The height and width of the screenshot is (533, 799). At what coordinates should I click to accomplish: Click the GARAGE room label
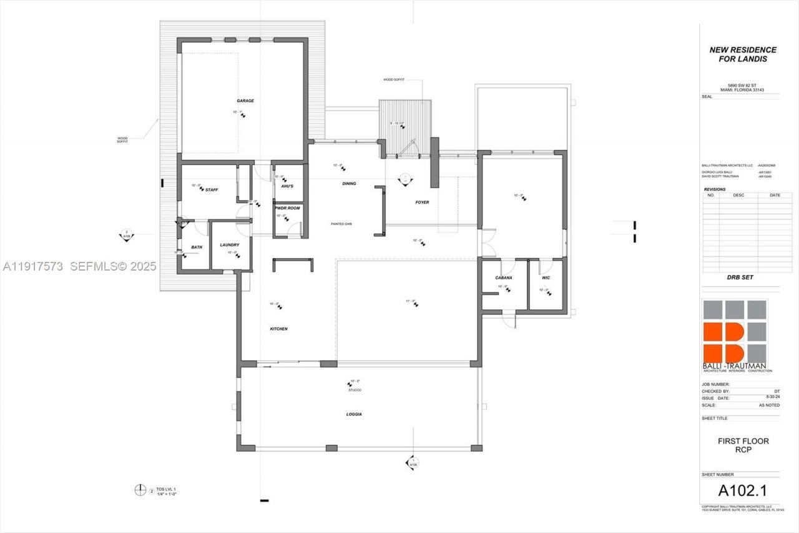[x=245, y=101]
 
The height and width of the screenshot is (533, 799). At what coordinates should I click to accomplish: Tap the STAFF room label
[x=212, y=189]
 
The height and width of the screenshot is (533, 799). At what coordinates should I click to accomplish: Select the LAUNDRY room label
[x=229, y=244]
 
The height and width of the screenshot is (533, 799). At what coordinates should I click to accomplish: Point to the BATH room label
[x=197, y=247]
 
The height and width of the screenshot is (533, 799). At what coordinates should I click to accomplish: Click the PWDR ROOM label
[x=287, y=207]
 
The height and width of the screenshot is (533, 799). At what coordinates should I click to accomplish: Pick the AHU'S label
[x=287, y=186]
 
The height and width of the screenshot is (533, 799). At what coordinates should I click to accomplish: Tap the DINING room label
[x=349, y=184]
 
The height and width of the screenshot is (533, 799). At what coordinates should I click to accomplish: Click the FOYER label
[x=422, y=202]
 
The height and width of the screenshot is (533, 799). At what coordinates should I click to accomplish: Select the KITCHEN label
[x=278, y=329]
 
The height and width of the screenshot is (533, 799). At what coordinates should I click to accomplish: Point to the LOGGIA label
[x=354, y=414]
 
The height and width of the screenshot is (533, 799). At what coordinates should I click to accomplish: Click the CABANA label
[x=504, y=277]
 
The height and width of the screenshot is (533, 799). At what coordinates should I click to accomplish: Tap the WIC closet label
[x=546, y=277]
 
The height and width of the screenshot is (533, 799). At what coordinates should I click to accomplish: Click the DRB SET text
[x=740, y=277]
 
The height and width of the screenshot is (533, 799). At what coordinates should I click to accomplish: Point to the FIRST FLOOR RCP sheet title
[x=743, y=445]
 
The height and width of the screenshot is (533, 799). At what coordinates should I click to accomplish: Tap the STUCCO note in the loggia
[x=355, y=390]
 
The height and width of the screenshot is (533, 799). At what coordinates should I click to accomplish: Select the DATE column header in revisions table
[x=775, y=195]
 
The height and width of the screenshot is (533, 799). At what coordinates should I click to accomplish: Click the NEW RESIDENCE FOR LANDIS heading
[x=743, y=54]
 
